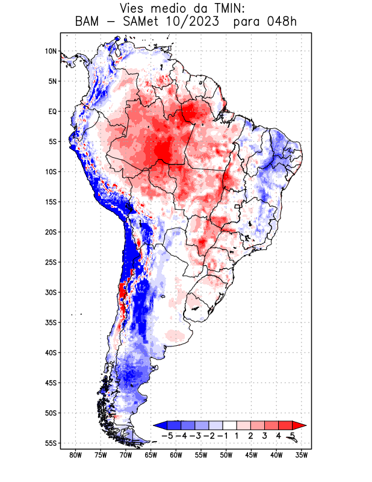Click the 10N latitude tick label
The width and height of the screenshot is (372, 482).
click(51, 51)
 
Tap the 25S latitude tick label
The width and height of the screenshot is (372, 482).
click(51, 262)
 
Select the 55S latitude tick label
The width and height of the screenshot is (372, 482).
click(51, 443)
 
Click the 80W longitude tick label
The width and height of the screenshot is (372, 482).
click(76, 455)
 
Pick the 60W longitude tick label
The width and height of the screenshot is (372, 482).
click(176, 455)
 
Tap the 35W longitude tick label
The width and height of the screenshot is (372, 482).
click(302, 455)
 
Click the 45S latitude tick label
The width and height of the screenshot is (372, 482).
click(51, 383)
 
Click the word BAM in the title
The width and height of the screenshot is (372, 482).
click(89, 22)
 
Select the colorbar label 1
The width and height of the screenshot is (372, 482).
click(238, 435)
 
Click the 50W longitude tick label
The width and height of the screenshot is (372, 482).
click(226, 455)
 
